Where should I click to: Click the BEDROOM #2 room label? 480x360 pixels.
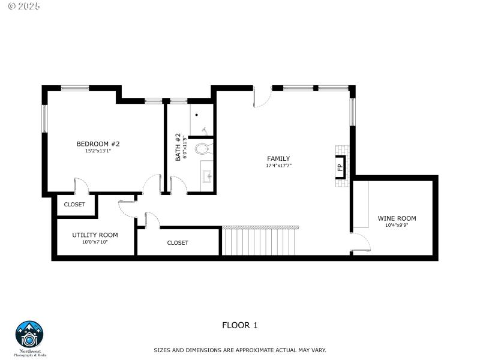pyautogui.click(x=98, y=144)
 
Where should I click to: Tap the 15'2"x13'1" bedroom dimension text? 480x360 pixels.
pyautogui.click(x=98, y=151)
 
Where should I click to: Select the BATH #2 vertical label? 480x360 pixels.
pyautogui.click(x=178, y=147)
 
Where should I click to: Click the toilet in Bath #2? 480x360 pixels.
pyautogui.click(x=203, y=148)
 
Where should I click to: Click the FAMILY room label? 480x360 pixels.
pyautogui.click(x=278, y=158)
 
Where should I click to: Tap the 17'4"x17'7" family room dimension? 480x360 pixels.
pyautogui.click(x=278, y=166)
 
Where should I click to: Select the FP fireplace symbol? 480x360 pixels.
pyautogui.click(x=340, y=167)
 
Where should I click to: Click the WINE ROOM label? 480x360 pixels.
pyautogui.click(x=397, y=218)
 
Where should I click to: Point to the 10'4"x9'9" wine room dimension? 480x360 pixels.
pyautogui.click(x=397, y=226)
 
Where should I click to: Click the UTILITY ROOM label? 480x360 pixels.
pyautogui.click(x=95, y=235)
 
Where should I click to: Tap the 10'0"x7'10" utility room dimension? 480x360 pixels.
pyautogui.click(x=95, y=242)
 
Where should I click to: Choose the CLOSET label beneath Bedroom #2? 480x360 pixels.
pyautogui.click(x=74, y=205)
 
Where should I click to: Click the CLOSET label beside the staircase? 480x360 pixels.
pyautogui.click(x=178, y=243)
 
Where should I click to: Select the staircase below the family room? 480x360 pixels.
pyautogui.click(x=260, y=241)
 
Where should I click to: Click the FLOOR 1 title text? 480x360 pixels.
pyautogui.click(x=239, y=325)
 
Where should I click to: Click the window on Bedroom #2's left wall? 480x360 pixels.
pyautogui.click(x=44, y=118)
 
